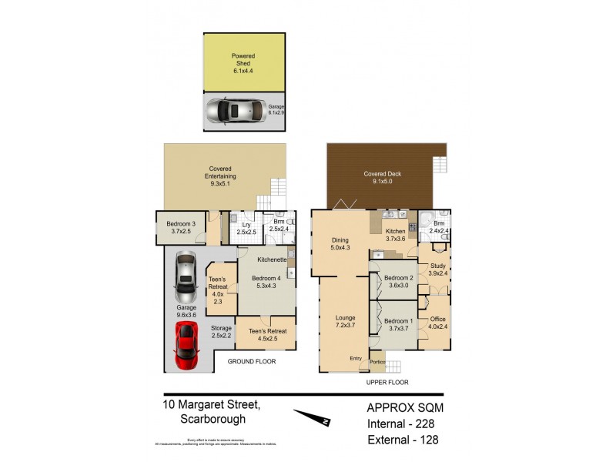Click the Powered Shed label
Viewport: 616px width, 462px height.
[x=244, y=62]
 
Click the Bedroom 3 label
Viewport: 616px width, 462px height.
[x=181, y=228]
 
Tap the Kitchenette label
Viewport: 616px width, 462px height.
[x=272, y=260]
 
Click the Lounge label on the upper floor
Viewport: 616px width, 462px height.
[x=345, y=321]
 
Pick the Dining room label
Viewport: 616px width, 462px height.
[x=340, y=243]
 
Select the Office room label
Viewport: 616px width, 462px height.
[x=437, y=323]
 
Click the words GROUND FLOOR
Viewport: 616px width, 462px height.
[x=251, y=361]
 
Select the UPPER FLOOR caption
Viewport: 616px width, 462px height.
[x=387, y=381]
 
